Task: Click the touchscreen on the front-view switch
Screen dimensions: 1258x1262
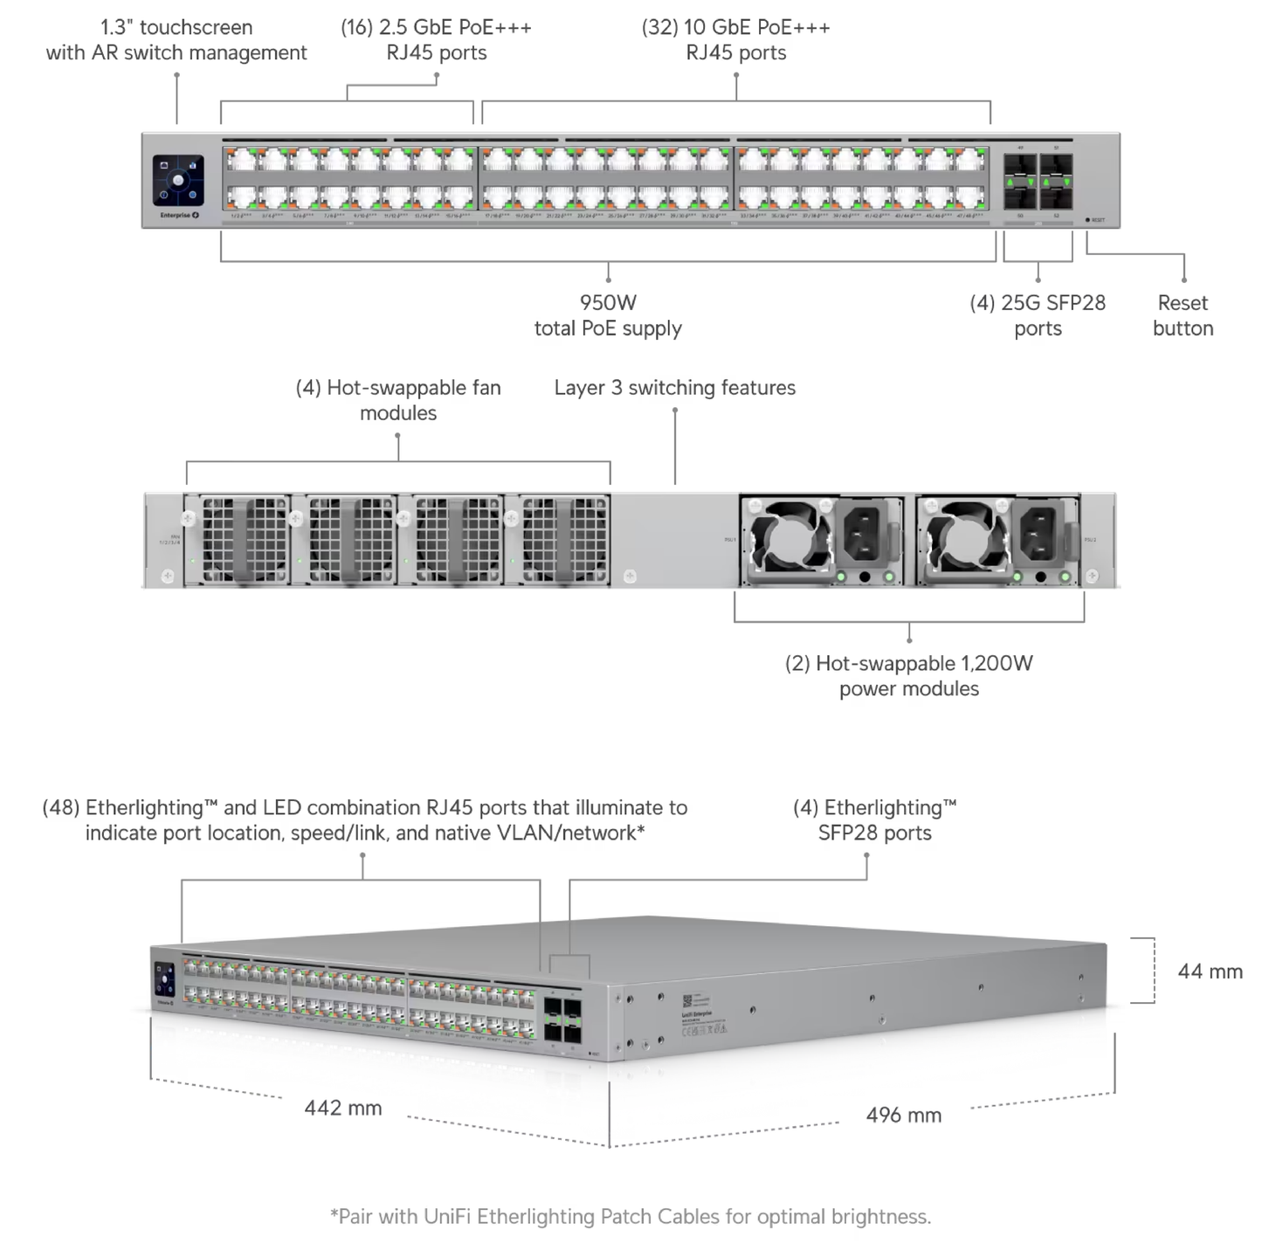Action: [x=178, y=181]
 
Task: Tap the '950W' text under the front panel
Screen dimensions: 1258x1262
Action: [x=608, y=303]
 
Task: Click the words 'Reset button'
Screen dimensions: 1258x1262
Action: [x=1183, y=315]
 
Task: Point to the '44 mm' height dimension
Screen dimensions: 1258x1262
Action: [x=1210, y=971]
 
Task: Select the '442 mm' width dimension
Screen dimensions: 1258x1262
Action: [x=343, y=1109]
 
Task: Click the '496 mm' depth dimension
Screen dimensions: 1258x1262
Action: [x=904, y=1116]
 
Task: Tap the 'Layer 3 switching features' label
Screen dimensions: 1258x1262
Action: [x=674, y=388]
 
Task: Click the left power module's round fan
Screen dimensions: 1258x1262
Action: [x=788, y=538]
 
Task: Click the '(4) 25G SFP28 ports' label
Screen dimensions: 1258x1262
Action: [x=1038, y=315]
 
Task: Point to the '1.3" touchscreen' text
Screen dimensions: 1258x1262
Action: [x=176, y=28]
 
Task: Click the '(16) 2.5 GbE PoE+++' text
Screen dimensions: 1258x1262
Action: [x=436, y=28]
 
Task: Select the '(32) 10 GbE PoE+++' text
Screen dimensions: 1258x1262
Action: [x=735, y=28]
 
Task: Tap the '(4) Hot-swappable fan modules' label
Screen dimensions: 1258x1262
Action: [x=398, y=400]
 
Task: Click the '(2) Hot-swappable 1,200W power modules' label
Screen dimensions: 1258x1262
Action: [x=908, y=676]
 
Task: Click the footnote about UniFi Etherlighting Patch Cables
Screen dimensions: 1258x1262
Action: [x=631, y=1217]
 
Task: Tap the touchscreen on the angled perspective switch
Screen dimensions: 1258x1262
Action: [x=164, y=978]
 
